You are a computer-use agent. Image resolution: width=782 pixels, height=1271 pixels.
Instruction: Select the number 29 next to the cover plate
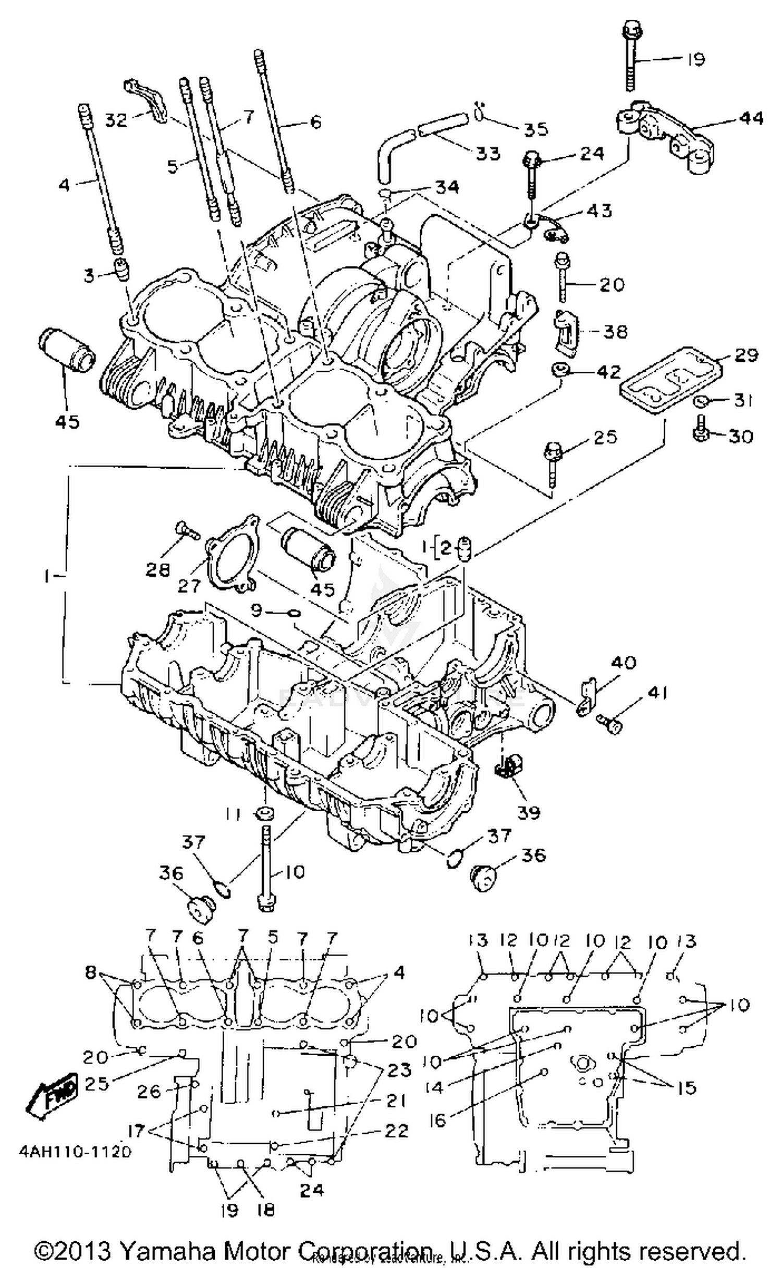click(746, 356)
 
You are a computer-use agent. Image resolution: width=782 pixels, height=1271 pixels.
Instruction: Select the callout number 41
click(657, 693)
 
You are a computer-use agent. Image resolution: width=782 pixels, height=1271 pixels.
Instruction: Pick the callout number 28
click(157, 569)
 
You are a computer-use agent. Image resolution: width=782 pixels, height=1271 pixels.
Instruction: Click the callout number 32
click(116, 120)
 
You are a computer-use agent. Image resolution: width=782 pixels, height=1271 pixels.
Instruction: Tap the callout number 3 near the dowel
click(90, 275)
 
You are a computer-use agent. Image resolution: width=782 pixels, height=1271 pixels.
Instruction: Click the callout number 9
click(255, 610)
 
